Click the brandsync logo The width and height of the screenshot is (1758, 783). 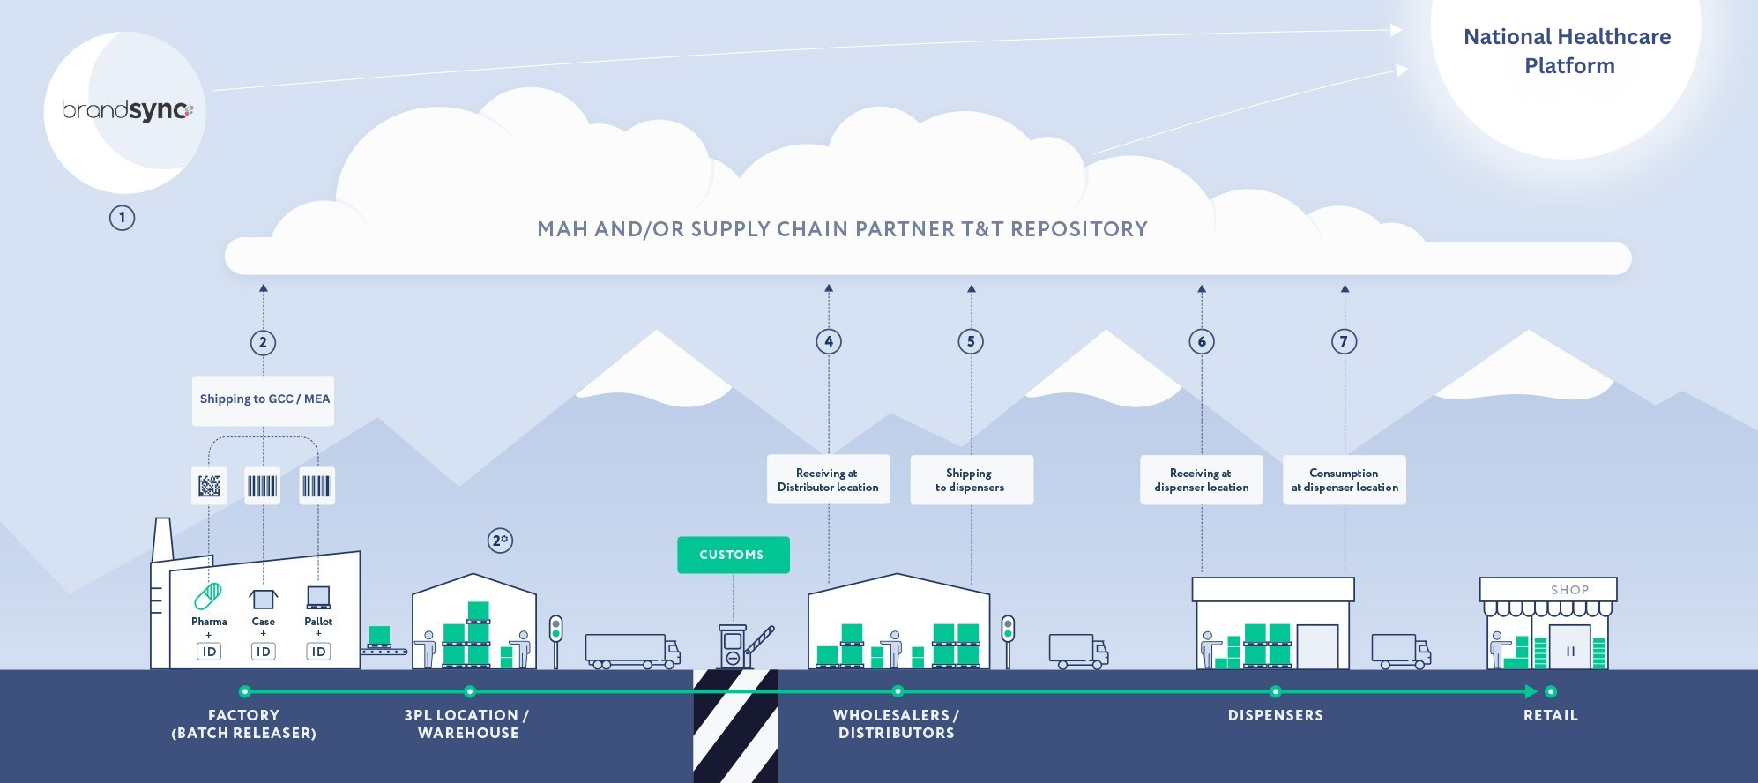pyautogui.click(x=128, y=111)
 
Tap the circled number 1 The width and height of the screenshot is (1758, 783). pyautogui.click(x=122, y=218)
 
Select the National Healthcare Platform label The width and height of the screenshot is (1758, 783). pyautogui.click(x=1568, y=51)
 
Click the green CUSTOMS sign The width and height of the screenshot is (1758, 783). pyautogui.click(x=733, y=555)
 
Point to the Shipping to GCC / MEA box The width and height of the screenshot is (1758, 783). pyautogui.click(x=264, y=399)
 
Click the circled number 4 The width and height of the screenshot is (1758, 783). pyautogui.click(x=829, y=341)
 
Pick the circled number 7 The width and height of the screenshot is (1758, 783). pyautogui.click(x=1344, y=341)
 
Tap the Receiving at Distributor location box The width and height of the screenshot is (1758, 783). pyautogui.click(x=828, y=480)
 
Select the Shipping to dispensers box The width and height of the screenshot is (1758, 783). pyautogui.click(x=971, y=480)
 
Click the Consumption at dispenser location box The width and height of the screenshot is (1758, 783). pyautogui.click(x=1344, y=480)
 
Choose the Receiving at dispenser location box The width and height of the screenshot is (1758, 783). pyautogui.click(x=1201, y=480)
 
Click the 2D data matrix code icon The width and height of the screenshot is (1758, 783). pyautogui.click(x=209, y=486)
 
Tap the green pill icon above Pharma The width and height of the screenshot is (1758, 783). pyautogui.click(x=208, y=597)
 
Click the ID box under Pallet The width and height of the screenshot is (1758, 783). pyautogui.click(x=318, y=652)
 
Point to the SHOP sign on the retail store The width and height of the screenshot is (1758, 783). pyautogui.click(x=1568, y=590)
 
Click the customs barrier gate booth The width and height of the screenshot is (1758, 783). pyautogui.click(x=734, y=647)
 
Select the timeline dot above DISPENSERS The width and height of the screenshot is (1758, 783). pyautogui.click(x=1275, y=691)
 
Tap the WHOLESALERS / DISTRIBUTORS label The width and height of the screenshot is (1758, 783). pyautogui.click(x=896, y=724)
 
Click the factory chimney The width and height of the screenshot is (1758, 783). pyautogui.click(x=162, y=539)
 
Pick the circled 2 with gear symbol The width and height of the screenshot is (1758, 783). pyautogui.click(x=500, y=541)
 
